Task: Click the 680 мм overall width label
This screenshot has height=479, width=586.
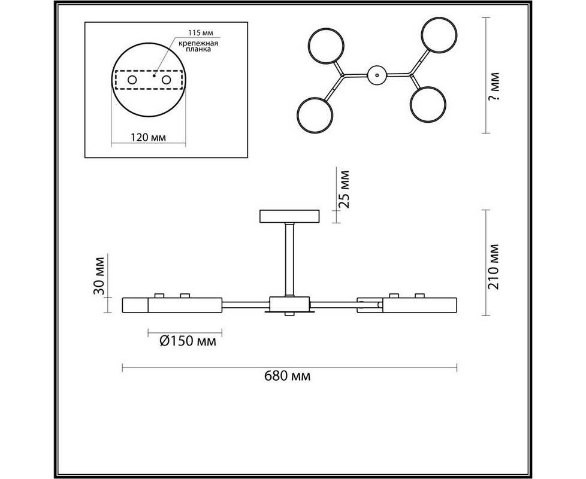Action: tap(287, 375)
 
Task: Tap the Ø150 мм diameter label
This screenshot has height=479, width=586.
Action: tap(188, 341)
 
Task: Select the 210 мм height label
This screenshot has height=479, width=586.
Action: tap(494, 266)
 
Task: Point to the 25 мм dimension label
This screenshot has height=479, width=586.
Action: tap(343, 189)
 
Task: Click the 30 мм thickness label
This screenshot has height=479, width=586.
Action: tap(99, 276)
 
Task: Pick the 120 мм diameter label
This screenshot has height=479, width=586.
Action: tap(149, 137)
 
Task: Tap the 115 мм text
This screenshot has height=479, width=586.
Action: tap(203, 33)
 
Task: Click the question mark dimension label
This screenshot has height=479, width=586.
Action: tap(494, 87)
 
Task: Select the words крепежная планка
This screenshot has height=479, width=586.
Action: tap(198, 46)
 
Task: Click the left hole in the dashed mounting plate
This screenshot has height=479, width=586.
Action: tap(132, 80)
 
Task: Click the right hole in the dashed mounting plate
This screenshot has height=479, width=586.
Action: tap(167, 80)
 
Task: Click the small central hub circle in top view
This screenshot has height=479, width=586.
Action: tap(377, 75)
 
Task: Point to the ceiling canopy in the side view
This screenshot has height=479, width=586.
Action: tap(289, 217)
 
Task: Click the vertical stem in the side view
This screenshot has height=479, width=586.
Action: tap(289, 260)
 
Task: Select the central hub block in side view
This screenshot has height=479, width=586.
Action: tap(289, 305)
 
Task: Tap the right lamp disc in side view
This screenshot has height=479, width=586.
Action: tap(419, 305)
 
